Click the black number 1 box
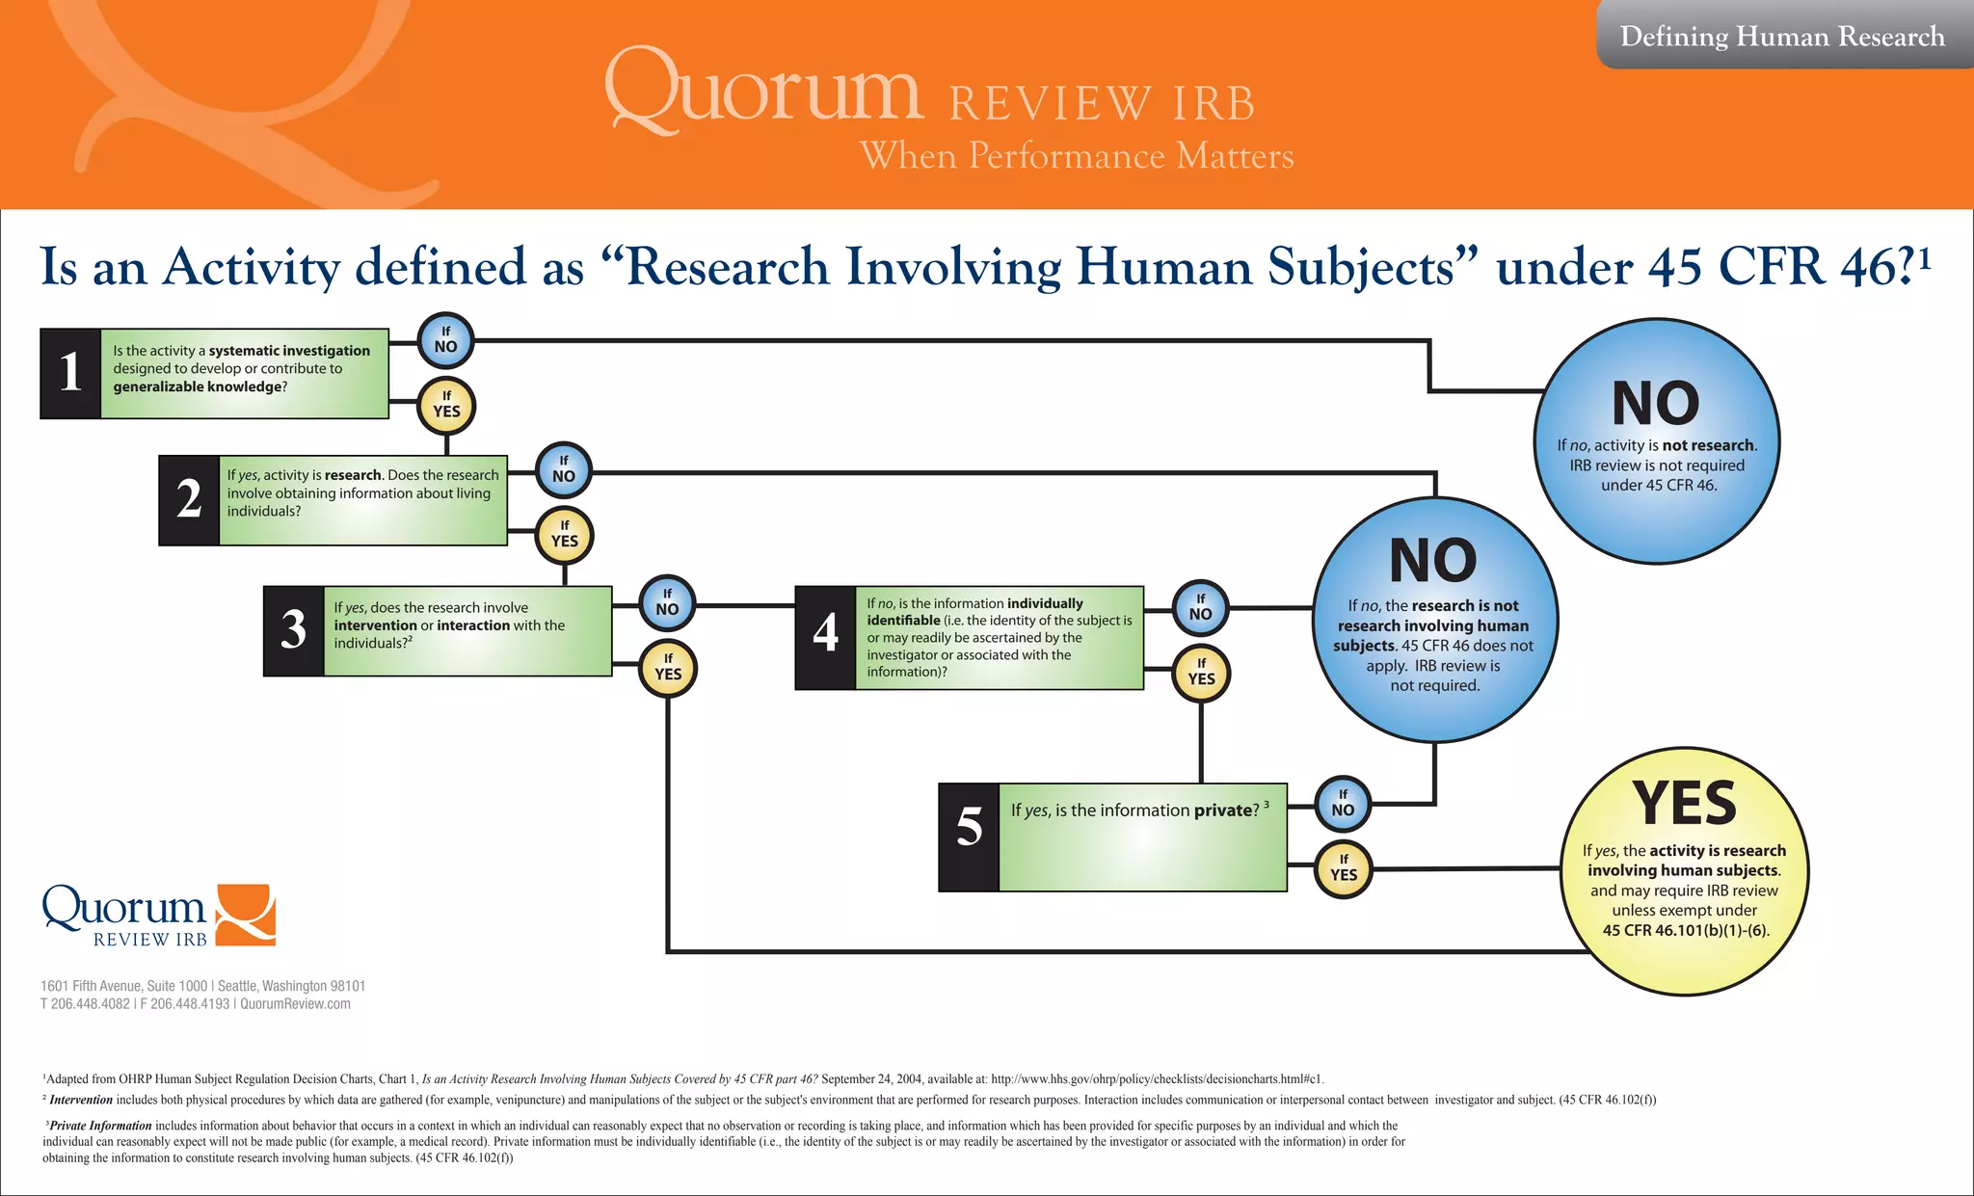pyautogui.click(x=70, y=373)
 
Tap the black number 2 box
pyautogui.click(x=189, y=500)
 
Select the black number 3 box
pyautogui.click(x=293, y=631)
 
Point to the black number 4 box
pyautogui.click(x=825, y=637)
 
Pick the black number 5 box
pyautogui.click(x=969, y=837)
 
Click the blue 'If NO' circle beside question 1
pyautogui.click(x=445, y=340)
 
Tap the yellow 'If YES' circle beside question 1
pyautogui.click(x=446, y=405)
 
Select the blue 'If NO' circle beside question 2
pyautogui.click(x=564, y=469)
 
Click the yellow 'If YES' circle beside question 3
pyautogui.click(x=668, y=668)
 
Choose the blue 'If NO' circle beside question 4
pyautogui.click(x=1201, y=608)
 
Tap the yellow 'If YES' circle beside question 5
pyautogui.click(x=1344, y=868)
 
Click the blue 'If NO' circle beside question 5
pyautogui.click(x=1343, y=804)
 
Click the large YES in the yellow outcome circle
pyautogui.click(x=1684, y=804)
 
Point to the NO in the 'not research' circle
pyautogui.click(x=1656, y=404)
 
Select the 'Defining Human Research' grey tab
pyautogui.click(x=1782, y=37)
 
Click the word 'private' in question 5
pyautogui.click(x=1226, y=811)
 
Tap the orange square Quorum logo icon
pyautogui.click(x=246, y=914)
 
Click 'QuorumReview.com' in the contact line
pyautogui.click(x=295, y=1004)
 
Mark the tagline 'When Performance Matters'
pyautogui.click(x=1077, y=156)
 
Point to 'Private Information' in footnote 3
pyautogui.click(x=100, y=1126)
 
